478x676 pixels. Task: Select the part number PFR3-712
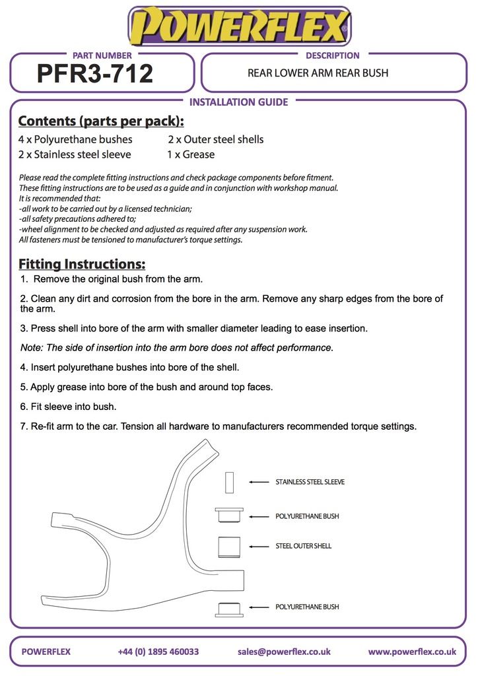[95, 73]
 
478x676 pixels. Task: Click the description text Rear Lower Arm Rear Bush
[318, 73]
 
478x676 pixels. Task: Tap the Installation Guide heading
[238, 102]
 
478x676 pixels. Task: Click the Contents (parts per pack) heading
[101, 121]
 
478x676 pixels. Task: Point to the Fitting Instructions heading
[82, 264]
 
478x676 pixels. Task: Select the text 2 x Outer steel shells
[215, 139]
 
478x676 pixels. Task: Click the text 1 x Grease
[190, 154]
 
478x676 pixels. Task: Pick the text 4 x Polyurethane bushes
[75, 139]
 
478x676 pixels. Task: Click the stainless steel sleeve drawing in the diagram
[230, 482]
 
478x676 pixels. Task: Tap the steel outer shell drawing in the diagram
[228, 547]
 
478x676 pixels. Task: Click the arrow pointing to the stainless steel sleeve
[259, 482]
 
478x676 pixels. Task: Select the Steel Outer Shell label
[303, 547]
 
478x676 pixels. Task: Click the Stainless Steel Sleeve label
[310, 482]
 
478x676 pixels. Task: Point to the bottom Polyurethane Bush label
[307, 607]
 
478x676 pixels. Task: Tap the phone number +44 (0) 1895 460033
[158, 652]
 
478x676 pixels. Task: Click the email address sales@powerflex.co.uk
[284, 652]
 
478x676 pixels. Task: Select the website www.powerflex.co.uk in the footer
[412, 652]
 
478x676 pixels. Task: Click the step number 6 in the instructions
[24, 407]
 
